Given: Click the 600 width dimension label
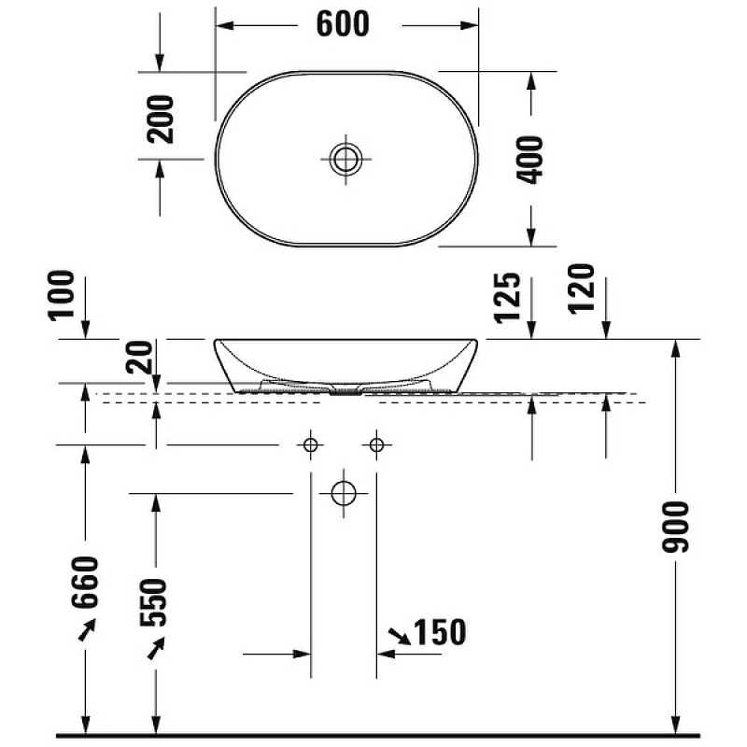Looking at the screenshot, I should [x=343, y=24].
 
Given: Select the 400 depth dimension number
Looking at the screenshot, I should [x=529, y=160].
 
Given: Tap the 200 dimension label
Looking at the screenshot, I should [x=162, y=119].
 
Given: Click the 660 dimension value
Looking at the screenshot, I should [x=85, y=583].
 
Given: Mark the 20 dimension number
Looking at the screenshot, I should [x=141, y=357].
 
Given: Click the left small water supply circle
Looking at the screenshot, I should [x=310, y=444].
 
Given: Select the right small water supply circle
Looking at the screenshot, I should [x=377, y=444].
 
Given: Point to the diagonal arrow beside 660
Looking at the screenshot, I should [x=86, y=631].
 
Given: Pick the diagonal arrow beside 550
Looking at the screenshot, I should [x=157, y=646].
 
